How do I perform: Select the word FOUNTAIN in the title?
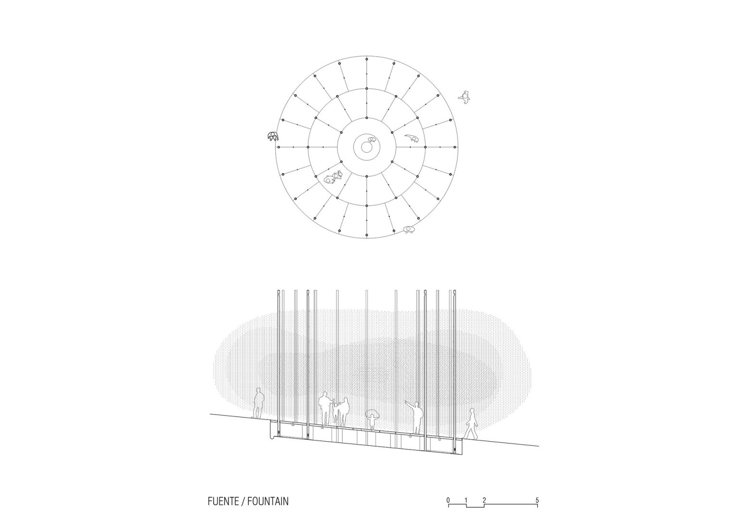268,511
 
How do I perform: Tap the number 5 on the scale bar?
537,510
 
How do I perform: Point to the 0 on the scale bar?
448,510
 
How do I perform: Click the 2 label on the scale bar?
484,510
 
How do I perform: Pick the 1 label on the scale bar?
466,510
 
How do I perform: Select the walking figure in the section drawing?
470,424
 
